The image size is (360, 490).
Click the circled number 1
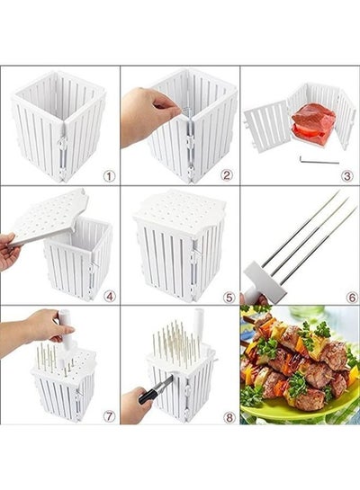pos(109,176)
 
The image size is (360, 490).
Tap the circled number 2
pos(227,175)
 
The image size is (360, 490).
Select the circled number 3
pos(347,176)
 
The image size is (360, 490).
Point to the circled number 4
pos(109,296)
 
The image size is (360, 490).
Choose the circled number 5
pos(229,298)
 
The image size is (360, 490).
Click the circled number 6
pos(352,298)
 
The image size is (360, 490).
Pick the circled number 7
pos(109,416)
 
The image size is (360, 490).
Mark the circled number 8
pos(229,417)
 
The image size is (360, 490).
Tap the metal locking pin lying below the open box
pos(319,160)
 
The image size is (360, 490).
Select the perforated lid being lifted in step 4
pos(47,216)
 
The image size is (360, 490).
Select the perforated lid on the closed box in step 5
pos(180,208)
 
